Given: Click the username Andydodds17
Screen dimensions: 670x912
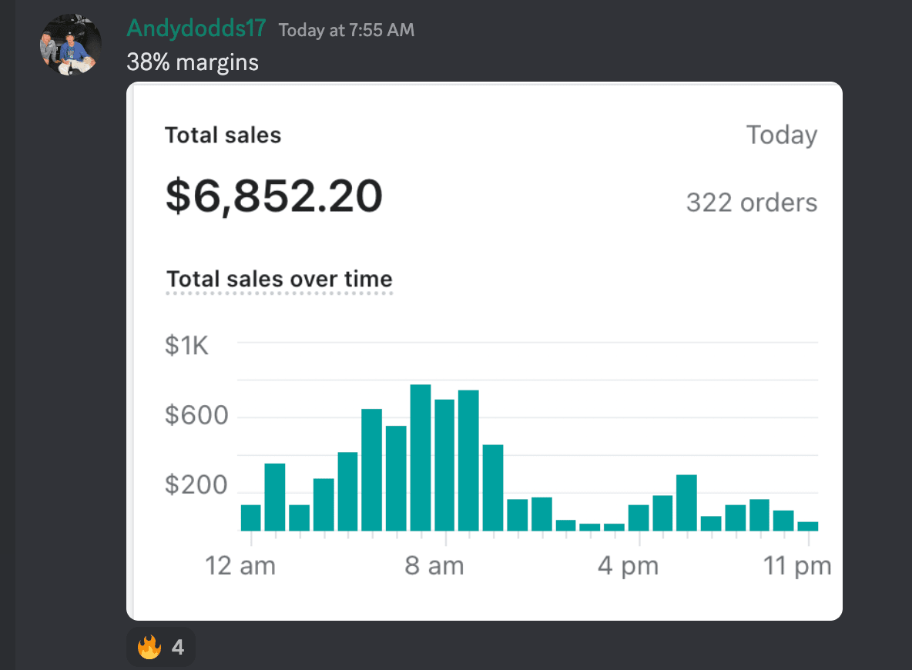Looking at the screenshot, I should (x=196, y=28).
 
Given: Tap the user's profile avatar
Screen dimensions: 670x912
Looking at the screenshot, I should (x=71, y=44).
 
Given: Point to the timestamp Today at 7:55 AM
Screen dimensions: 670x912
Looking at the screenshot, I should (x=346, y=30).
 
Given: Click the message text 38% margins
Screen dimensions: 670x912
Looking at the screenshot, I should (x=193, y=62).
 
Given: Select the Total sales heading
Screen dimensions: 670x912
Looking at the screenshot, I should (x=223, y=136).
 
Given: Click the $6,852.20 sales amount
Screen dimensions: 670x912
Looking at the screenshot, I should (x=273, y=196).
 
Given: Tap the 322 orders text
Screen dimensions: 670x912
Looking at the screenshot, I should (x=751, y=203).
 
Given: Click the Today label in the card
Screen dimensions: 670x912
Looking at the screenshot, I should (x=781, y=136).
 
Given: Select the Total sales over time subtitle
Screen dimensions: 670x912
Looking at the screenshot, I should (x=280, y=278).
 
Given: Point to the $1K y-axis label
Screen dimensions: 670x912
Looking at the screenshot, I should (x=186, y=346).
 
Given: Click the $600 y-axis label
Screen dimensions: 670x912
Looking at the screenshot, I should (x=196, y=416).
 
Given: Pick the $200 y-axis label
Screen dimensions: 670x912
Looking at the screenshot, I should (x=196, y=485).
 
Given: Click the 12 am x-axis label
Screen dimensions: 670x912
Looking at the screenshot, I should (x=240, y=567).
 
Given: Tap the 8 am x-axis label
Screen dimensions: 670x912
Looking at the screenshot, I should (x=434, y=567).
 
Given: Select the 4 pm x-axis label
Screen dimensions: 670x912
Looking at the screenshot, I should (x=629, y=567).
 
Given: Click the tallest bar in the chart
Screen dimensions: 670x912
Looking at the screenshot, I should (x=420, y=457).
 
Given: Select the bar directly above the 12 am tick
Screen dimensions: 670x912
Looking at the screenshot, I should (x=251, y=518).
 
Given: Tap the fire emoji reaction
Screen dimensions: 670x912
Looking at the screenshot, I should (x=160, y=647).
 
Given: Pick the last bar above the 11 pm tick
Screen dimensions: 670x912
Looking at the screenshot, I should (x=808, y=526).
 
